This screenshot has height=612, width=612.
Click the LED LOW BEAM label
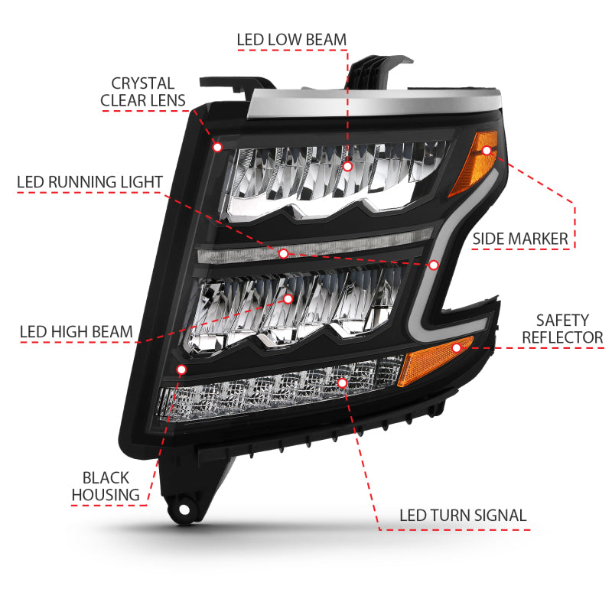(x=291, y=39)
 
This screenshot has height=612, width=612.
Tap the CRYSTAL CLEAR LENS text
(x=143, y=92)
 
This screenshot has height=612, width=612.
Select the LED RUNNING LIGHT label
(x=90, y=182)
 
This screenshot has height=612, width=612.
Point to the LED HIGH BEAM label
(x=76, y=332)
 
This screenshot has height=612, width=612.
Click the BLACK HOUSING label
(x=106, y=487)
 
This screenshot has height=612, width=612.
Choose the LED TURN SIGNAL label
(x=463, y=515)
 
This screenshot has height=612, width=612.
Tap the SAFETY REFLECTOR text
(x=562, y=328)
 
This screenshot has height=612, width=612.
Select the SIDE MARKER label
(x=520, y=239)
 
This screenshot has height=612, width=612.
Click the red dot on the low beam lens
(x=347, y=166)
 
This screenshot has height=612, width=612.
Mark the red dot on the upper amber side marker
(x=486, y=151)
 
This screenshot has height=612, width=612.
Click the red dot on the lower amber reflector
(x=457, y=348)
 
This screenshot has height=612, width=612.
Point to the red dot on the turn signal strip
(x=342, y=381)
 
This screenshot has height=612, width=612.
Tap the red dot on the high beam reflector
(x=288, y=299)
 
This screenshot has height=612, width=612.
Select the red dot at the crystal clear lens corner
(x=217, y=146)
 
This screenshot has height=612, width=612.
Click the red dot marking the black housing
(x=181, y=369)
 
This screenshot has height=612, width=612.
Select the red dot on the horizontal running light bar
(x=283, y=252)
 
